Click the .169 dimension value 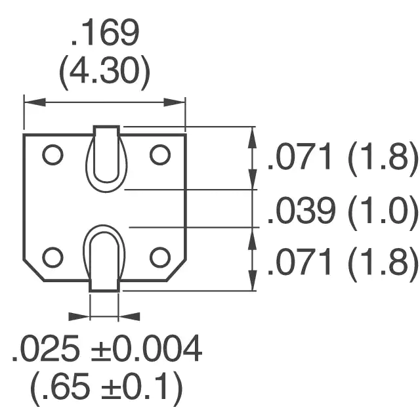(x=105, y=32)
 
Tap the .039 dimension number (x=301, y=211)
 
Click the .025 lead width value (x=46, y=348)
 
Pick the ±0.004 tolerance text (x=146, y=348)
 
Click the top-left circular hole (x=52, y=155)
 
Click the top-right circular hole (x=160, y=155)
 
